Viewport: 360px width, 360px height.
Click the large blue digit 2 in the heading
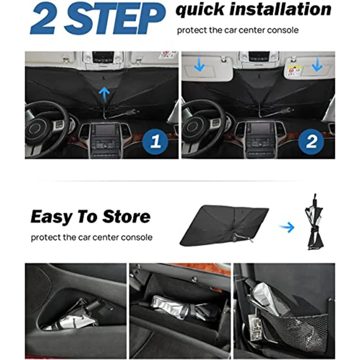[44, 19]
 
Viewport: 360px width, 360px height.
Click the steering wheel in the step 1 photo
[45, 128]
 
